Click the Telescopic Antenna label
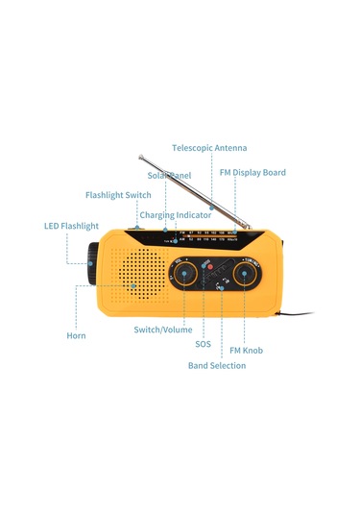coord(209,148)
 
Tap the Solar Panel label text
coord(169,176)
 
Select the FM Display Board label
coord(252,173)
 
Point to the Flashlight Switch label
coord(118,195)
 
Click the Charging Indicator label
coord(176,215)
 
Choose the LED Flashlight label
coord(71,227)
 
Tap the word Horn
coord(76,336)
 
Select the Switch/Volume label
coord(163,330)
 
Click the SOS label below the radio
coord(203,343)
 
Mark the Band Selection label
coord(217,366)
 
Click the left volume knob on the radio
coord(183,274)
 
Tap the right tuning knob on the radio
coord(247,274)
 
